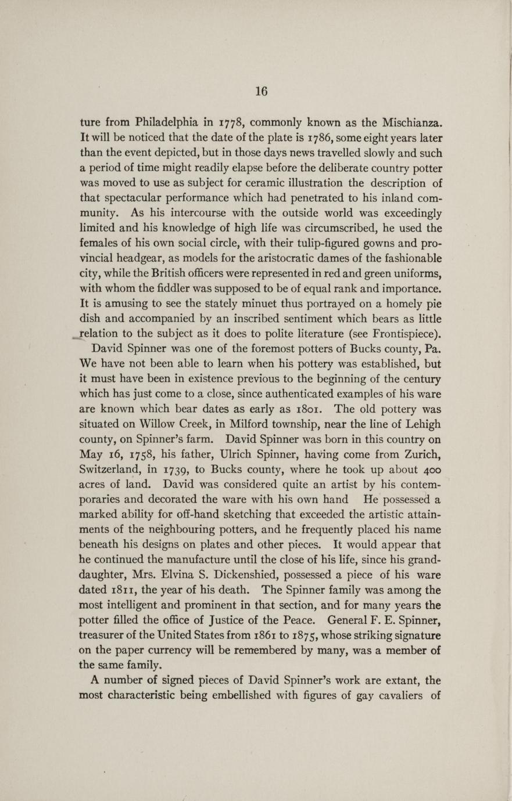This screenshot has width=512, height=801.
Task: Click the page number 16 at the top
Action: pos(261,91)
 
